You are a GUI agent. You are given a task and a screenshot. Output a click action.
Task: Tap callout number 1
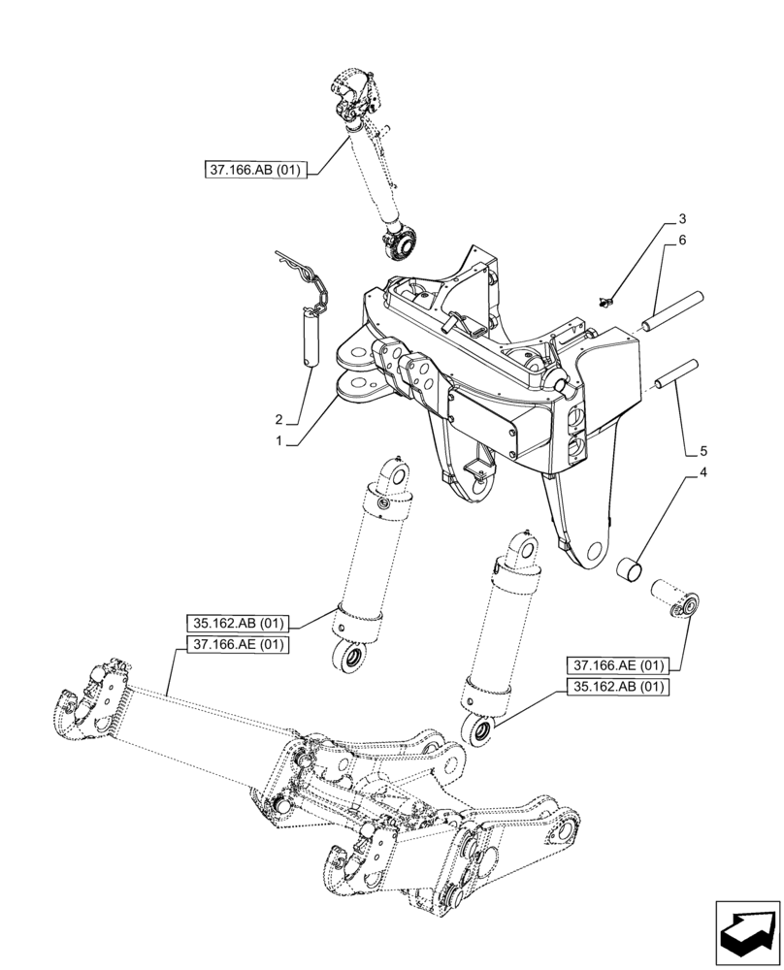click(280, 440)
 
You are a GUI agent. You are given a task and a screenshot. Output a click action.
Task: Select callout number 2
click(278, 420)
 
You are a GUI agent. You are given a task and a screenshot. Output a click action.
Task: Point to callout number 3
click(682, 218)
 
